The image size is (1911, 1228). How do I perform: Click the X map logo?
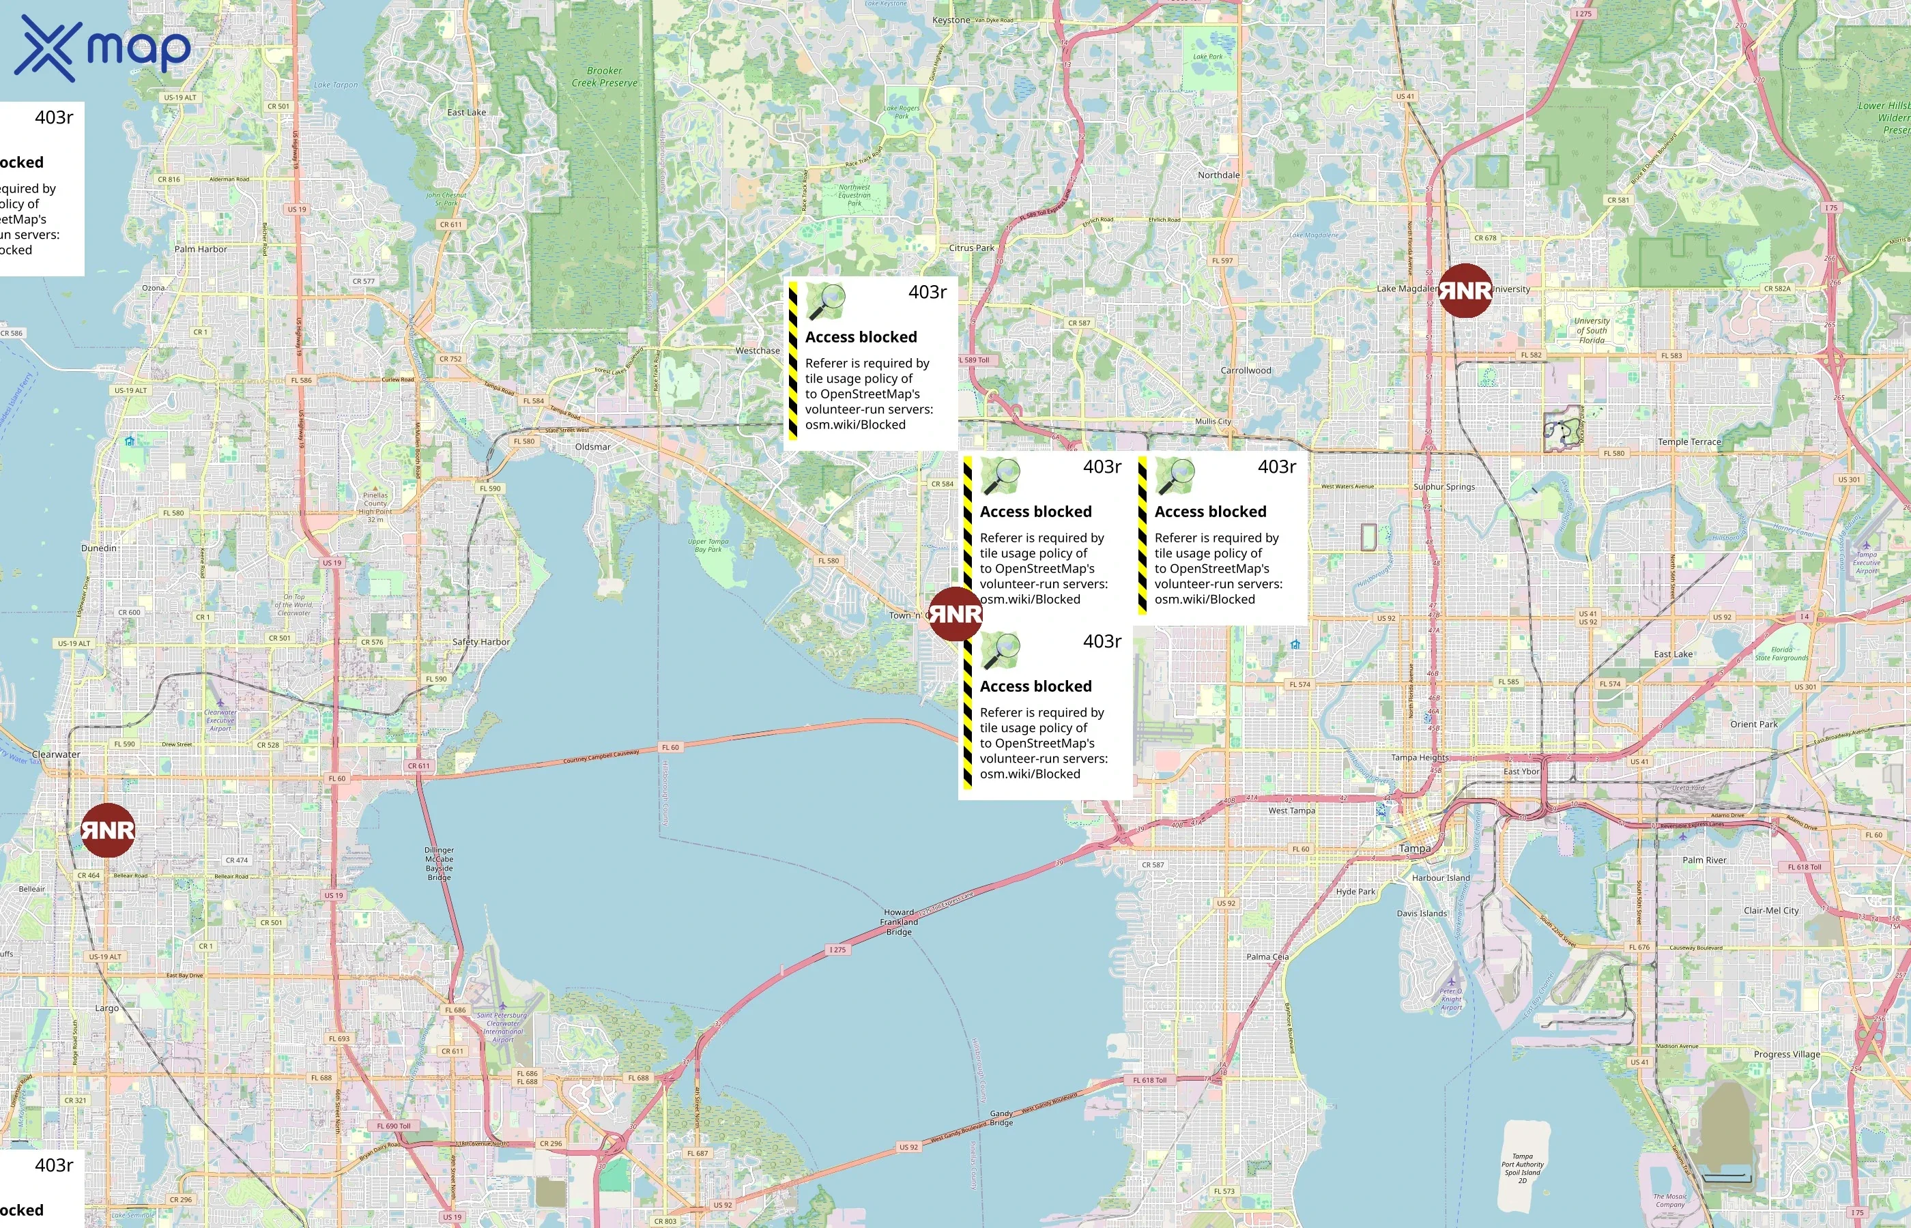[102, 48]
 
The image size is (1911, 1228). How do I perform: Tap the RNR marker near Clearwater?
[108, 830]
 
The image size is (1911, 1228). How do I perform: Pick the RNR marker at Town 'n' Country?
[955, 614]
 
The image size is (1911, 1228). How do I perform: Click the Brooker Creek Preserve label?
[604, 76]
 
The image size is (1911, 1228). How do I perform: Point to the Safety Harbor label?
[481, 642]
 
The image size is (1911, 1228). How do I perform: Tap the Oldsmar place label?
[592, 447]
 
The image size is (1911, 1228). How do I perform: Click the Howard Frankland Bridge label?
[899, 922]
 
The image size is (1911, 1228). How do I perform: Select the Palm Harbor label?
[200, 249]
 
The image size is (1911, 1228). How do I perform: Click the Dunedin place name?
[99, 548]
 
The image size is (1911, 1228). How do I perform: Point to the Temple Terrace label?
[1689, 442]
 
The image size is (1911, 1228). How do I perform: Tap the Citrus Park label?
[971, 248]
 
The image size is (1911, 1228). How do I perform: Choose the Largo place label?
[107, 1008]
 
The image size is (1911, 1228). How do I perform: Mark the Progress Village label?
[1787, 1054]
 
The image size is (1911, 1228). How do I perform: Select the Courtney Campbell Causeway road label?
[601, 756]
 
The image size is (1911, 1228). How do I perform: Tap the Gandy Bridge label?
[1001, 1118]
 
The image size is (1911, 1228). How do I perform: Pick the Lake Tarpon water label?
[336, 85]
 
